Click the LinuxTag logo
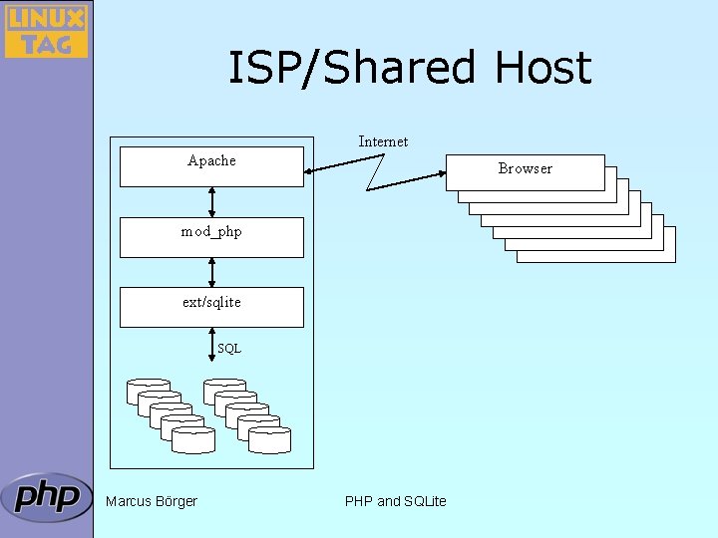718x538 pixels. (46, 31)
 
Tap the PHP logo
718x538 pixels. (46, 497)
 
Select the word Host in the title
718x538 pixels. (543, 68)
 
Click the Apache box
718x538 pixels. (211, 166)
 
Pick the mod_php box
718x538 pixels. (211, 237)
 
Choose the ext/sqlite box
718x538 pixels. (211, 308)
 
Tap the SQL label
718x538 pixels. (229, 349)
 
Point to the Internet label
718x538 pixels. (383, 141)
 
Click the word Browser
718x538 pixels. (526, 168)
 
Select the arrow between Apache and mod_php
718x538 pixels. (211, 202)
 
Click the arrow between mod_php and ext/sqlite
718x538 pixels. (211, 273)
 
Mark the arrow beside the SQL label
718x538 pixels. (211, 345)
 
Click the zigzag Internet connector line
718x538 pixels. (376, 173)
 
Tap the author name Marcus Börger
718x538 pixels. (152, 501)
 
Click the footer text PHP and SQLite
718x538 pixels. (395, 501)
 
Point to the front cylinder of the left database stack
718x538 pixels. (193, 440)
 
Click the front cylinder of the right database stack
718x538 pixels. (269, 440)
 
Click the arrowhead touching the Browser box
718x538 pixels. (443, 173)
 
